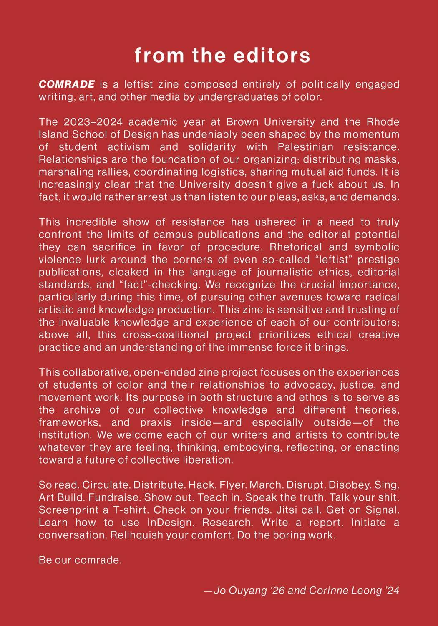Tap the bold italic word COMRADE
pyautogui.click(x=67, y=84)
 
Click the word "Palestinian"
pyautogui.click(x=305, y=147)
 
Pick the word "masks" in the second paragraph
pyautogui.click(x=383, y=159)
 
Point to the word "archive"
pyautogui.click(x=82, y=410)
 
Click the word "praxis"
pyautogui.click(x=156, y=422)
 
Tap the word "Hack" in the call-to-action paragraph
pyautogui.click(x=201, y=485)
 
